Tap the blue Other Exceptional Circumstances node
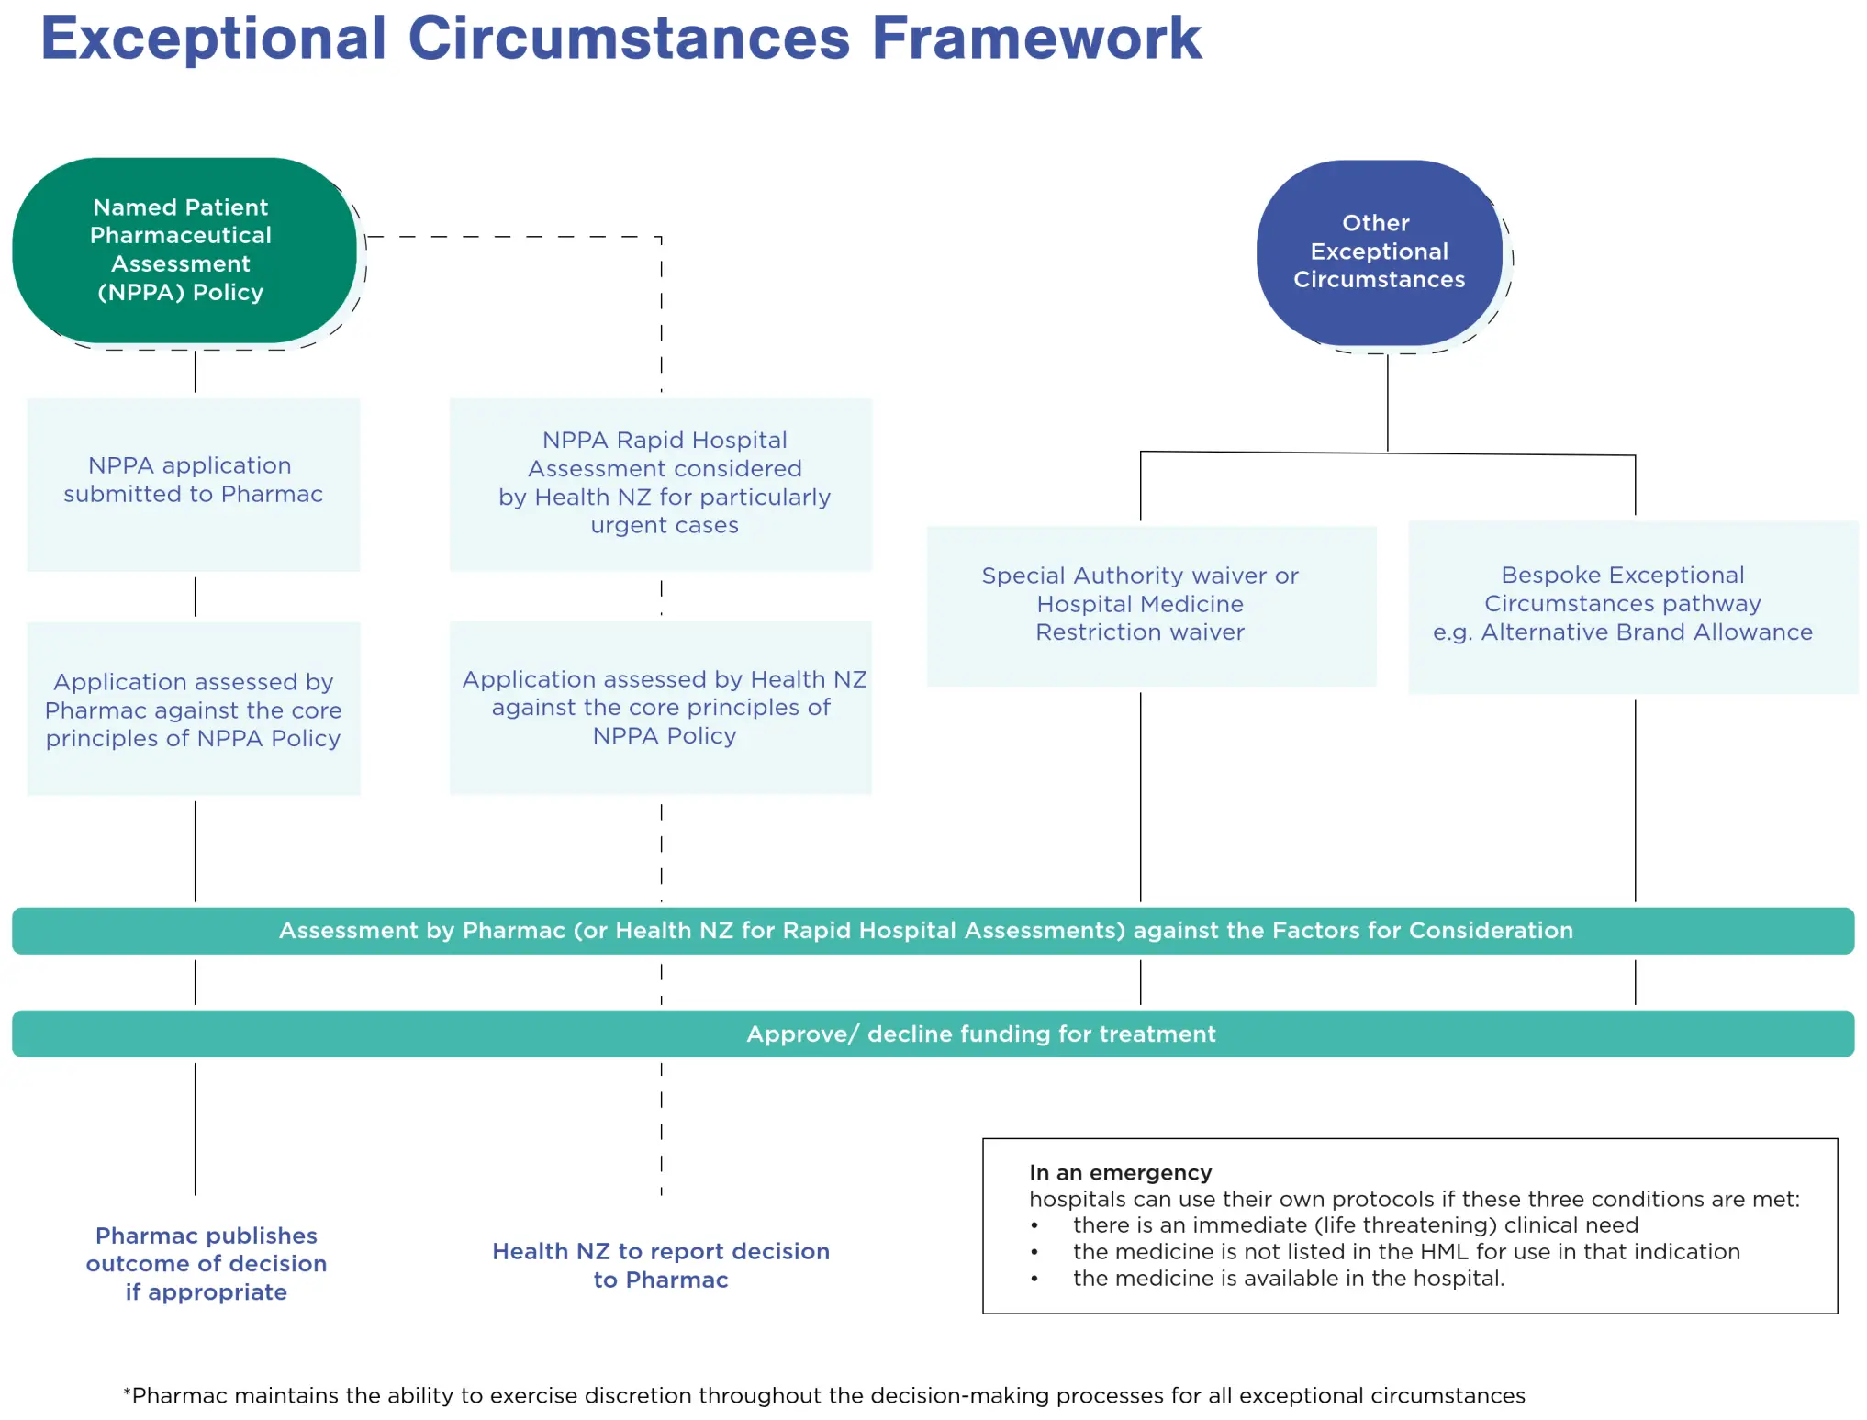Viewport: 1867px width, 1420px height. pos(1379,252)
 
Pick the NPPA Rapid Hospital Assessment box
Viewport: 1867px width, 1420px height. pos(661,483)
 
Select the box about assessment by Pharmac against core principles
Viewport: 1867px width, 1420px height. pos(193,709)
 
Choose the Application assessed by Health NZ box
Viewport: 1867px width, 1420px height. pos(661,707)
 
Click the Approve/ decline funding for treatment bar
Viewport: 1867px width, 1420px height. pos(980,1034)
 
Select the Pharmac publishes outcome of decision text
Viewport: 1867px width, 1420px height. pos(206,1263)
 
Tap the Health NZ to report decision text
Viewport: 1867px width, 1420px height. pos(661,1265)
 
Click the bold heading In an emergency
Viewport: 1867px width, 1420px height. pos(1120,1173)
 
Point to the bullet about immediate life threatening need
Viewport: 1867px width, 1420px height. pos(1355,1225)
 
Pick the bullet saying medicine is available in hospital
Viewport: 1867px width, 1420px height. pos(1289,1279)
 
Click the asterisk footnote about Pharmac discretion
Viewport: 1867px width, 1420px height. pos(823,1396)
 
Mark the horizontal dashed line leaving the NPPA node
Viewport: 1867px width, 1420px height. pos(514,237)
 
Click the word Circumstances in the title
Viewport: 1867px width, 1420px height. pos(629,39)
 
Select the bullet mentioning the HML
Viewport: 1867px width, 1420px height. pos(1405,1252)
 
